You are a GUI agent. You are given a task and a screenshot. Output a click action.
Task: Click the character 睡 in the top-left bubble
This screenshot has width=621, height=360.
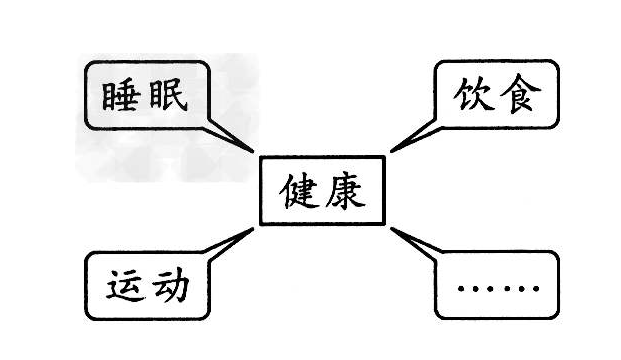[x=122, y=95]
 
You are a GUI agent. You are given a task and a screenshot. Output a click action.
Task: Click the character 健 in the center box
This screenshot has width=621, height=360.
[x=299, y=190]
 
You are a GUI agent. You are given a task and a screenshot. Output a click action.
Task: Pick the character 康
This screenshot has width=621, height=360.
[x=345, y=190]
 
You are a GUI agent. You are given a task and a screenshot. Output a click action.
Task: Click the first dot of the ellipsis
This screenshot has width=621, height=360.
[x=461, y=292]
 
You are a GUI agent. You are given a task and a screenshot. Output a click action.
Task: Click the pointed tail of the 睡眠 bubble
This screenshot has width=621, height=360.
[x=253, y=151]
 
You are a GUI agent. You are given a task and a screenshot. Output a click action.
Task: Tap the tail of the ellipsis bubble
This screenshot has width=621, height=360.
[x=391, y=230]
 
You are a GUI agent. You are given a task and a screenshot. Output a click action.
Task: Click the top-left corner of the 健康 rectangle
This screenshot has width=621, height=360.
[x=260, y=157]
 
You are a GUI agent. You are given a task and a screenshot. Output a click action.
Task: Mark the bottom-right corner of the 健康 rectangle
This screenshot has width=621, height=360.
[x=384, y=224]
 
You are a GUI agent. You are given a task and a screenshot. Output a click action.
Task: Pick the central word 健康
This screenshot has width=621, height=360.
[x=322, y=190]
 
